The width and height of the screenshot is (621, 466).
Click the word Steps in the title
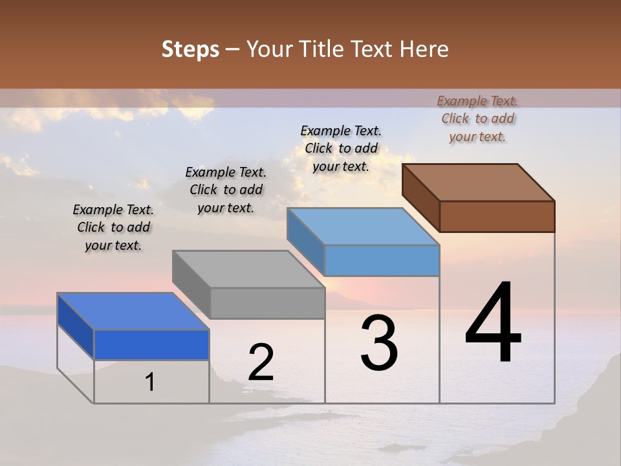coord(190,49)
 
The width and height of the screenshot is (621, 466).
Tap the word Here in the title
coord(424,49)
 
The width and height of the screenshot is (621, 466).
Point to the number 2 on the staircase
coord(261,362)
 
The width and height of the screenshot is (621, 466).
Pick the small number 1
coord(150,382)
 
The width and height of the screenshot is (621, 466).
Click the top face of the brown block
coord(479,182)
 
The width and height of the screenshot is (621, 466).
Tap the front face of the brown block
coord(497,216)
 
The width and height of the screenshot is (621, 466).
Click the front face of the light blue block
coord(382,260)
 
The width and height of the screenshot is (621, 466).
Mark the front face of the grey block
coord(267,303)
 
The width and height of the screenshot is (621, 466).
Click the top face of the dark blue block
coord(133,311)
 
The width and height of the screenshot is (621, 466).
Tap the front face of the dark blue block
coord(151,344)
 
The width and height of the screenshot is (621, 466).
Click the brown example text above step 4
coord(477,118)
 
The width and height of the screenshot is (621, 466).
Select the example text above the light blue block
coord(341,148)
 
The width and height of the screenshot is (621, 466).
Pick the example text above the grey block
coord(226,190)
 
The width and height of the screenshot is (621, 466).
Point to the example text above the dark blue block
coord(113,227)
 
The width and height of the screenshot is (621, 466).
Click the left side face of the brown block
coord(420,197)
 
